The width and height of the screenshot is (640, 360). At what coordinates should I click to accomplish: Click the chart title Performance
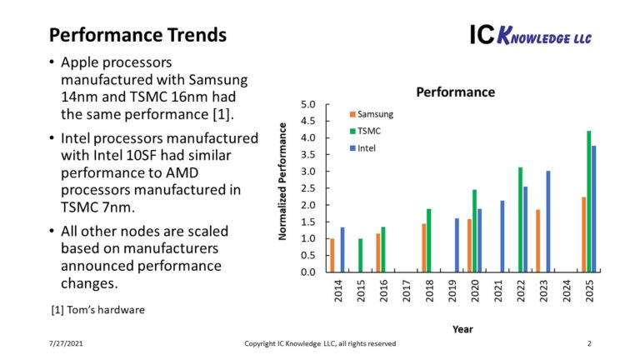point(455,92)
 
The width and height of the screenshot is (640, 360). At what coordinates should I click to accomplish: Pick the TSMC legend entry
point(367,130)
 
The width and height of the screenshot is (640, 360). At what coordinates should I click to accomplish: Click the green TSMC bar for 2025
point(589,201)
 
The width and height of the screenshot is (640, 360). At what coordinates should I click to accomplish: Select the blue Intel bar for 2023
point(547,221)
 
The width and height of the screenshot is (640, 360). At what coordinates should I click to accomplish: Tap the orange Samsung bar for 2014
point(332,255)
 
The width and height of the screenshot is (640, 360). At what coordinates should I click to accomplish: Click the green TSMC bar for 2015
point(360,255)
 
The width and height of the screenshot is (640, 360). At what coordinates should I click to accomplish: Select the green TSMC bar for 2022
point(520,219)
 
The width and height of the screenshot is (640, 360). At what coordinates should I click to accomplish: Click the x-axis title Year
point(462,329)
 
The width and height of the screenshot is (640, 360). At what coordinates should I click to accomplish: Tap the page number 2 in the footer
point(588,343)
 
